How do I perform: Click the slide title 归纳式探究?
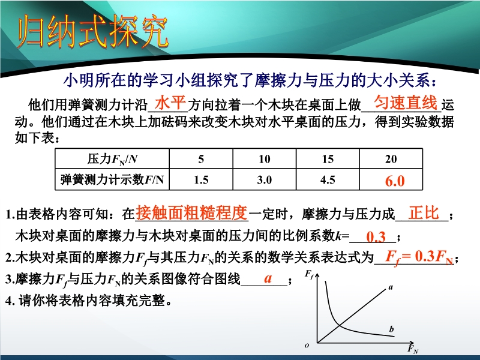92,32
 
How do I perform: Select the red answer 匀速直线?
406,102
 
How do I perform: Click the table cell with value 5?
201,159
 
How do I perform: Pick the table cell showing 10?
264,159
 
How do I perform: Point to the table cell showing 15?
328,159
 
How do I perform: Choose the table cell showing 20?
391,159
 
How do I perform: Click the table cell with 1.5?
201,179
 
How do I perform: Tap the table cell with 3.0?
264,179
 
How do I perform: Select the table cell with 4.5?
328,179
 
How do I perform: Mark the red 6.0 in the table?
395,181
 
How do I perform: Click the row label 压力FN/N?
112,159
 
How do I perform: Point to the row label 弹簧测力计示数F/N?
112,179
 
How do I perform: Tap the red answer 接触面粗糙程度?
191,212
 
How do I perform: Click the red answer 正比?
424,212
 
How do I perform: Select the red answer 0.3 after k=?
376,237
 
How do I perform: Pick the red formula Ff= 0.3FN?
419,257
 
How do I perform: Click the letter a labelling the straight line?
391,287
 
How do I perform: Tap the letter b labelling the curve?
392,329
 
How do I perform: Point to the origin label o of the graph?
307,346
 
